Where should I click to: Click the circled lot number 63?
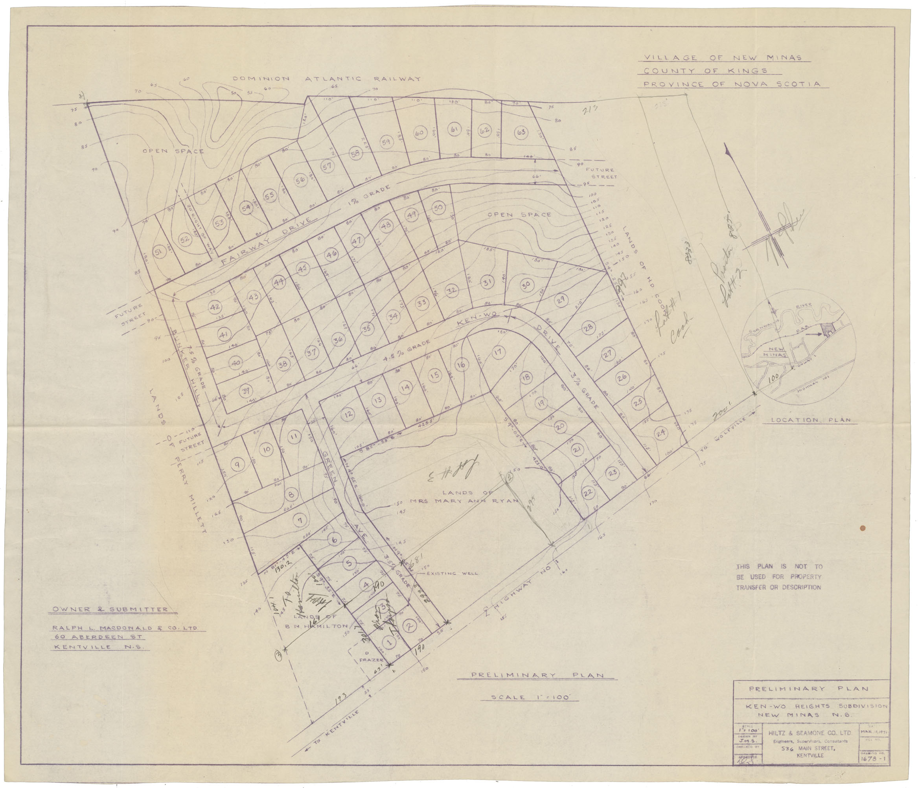(521, 132)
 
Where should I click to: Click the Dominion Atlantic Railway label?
(327, 79)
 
